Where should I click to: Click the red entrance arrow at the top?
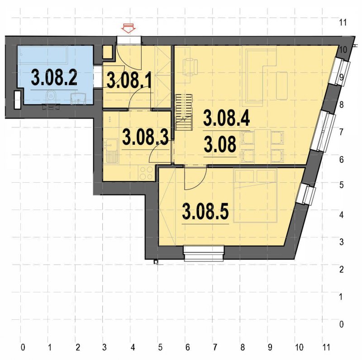tap(129, 28)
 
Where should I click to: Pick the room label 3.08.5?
tap(205, 211)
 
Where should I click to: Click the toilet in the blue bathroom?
tap(52, 95)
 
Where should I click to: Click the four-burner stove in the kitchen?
tap(146, 172)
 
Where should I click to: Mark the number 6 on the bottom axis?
tap(187, 347)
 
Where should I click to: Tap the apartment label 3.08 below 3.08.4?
tap(220, 146)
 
